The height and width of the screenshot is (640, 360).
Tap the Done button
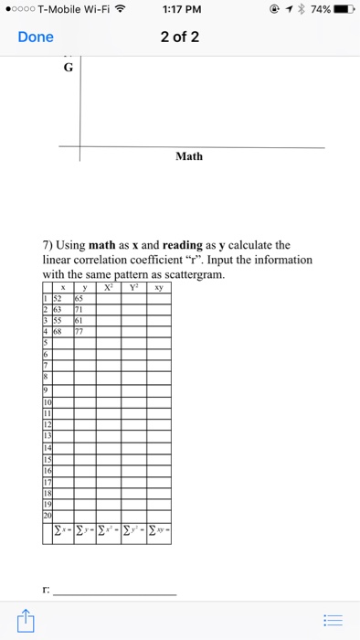[x=36, y=37]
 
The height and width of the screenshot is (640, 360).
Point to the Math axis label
[x=189, y=156]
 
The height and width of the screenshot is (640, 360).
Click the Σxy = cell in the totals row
[x=157, y=531]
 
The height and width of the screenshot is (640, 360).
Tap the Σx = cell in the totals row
[x=62, y=531]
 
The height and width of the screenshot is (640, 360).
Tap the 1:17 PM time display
[x=180, y=10]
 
